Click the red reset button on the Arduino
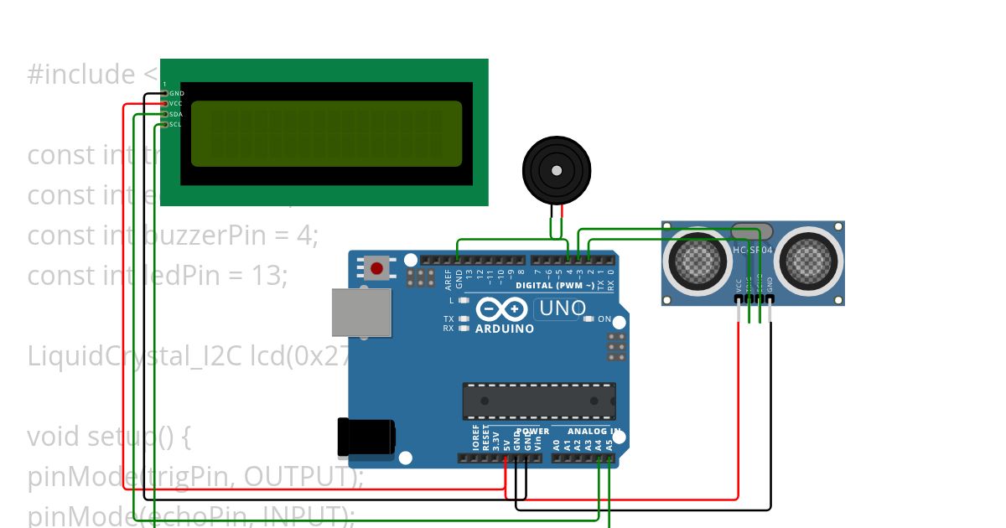click(377, 269)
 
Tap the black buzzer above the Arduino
click(557, 170)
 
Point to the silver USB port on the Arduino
click(361, 313)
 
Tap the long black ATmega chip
click(539, 401)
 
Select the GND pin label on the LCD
click(176, 93)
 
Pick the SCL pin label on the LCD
click(175, 124)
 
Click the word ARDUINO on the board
click(505, 329)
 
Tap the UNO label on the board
click(562, 308)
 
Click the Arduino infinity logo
click(501, 309)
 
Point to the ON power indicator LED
click(589, 319)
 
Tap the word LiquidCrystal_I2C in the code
click(136, 356)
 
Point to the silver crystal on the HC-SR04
click(751, 230)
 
